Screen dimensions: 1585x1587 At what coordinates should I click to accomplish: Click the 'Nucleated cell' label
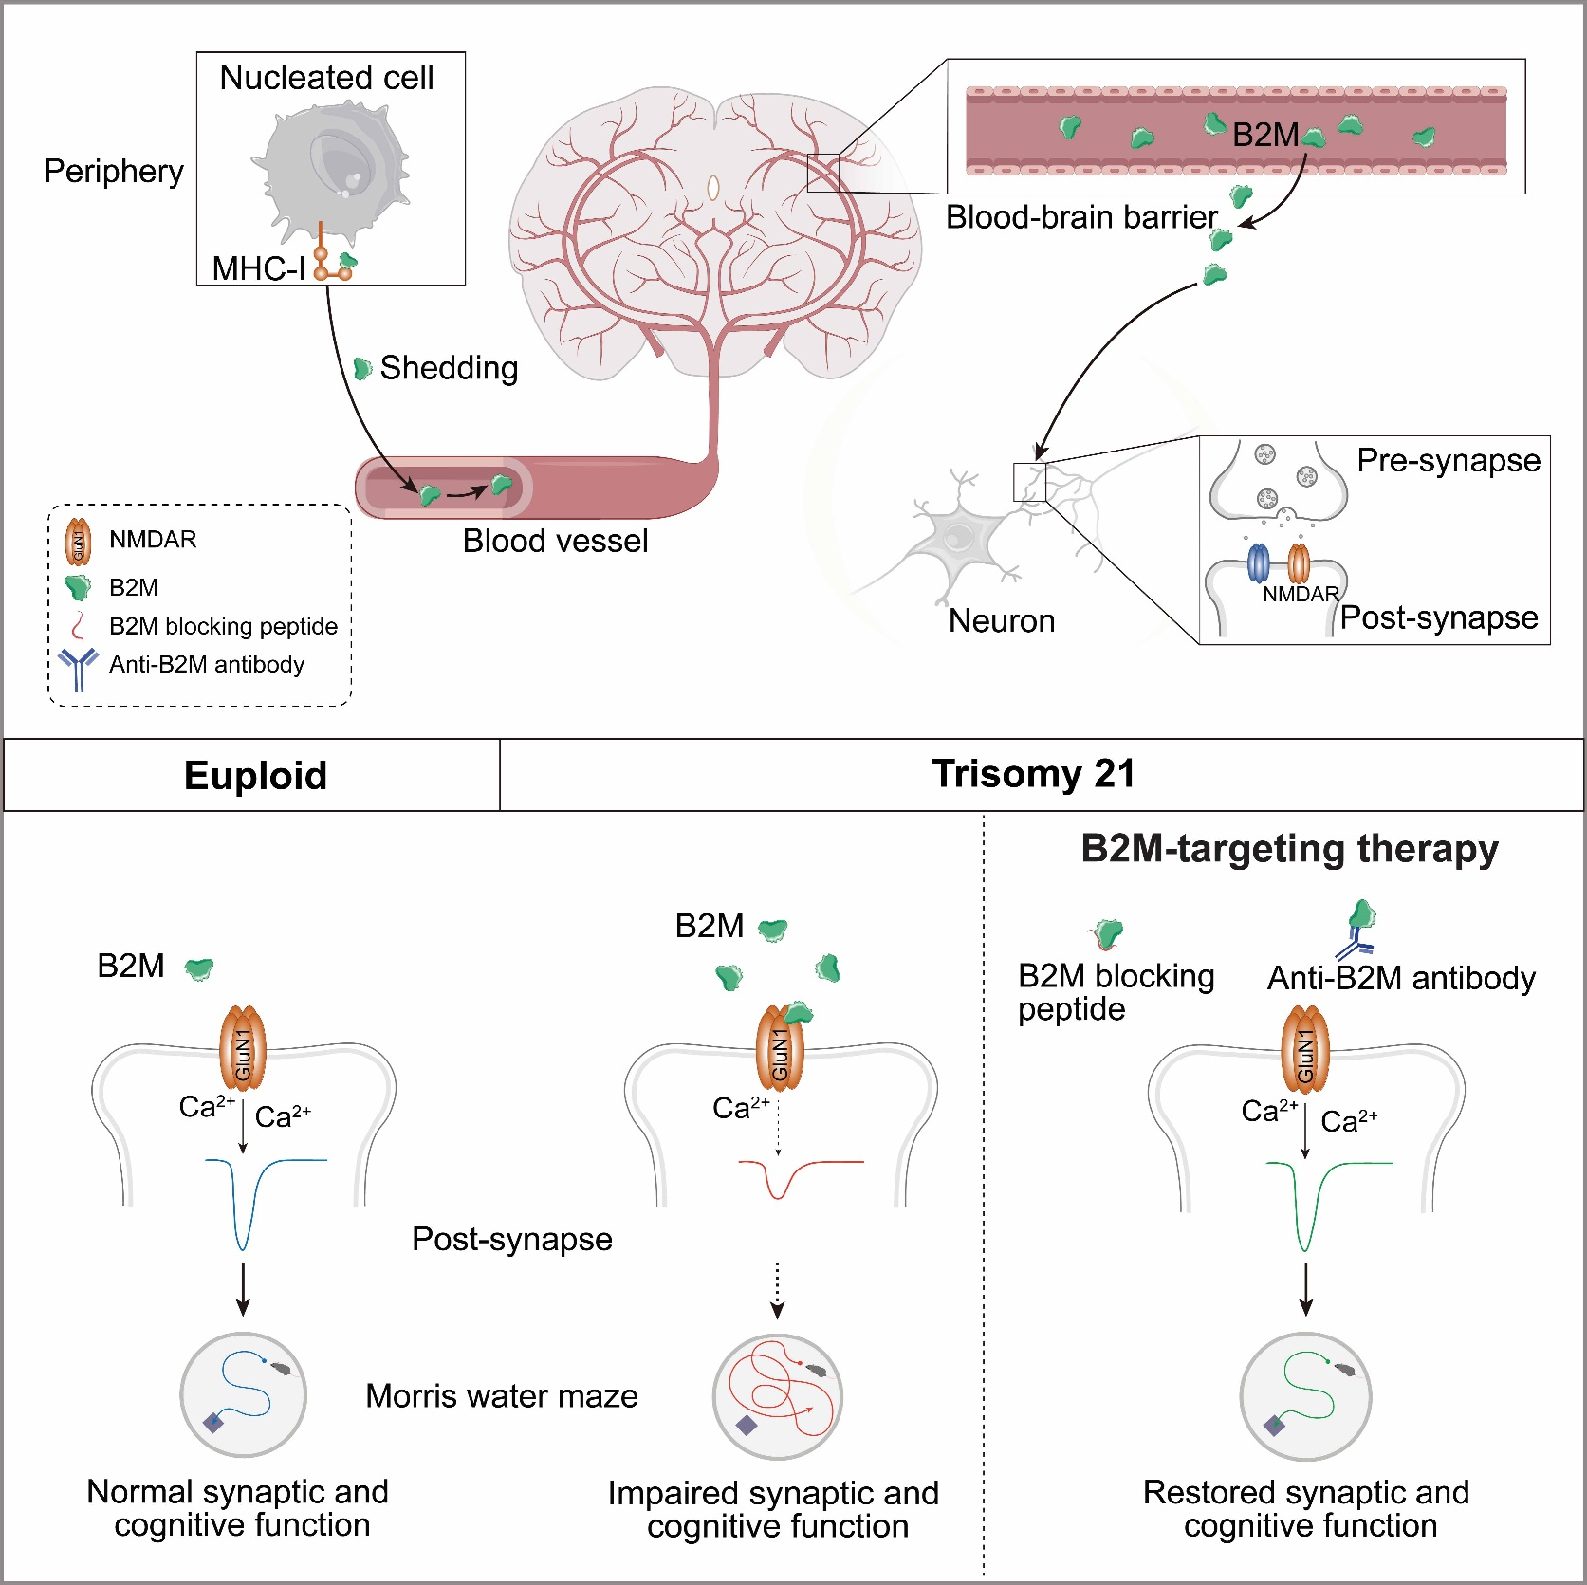[326, 78]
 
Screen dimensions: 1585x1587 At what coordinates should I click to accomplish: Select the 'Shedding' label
[449, 368]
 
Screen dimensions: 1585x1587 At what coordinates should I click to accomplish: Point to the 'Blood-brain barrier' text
[1081, 217]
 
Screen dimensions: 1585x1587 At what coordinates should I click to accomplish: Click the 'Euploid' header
[255, 776]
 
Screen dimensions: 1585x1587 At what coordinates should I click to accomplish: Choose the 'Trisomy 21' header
[1033, 774]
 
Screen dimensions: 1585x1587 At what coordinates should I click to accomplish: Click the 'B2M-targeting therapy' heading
[1289, 849]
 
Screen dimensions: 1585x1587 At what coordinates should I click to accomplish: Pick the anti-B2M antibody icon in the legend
[78, 668]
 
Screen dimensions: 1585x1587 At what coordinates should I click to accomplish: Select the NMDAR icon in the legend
[78, 542]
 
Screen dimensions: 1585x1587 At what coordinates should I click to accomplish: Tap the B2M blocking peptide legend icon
[80, 627]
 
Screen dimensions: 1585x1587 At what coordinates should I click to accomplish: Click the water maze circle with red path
[778, 1396]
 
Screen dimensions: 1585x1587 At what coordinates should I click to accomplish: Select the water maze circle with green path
[1305, 1396]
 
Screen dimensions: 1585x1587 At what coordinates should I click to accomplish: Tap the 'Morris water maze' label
[502, 1396]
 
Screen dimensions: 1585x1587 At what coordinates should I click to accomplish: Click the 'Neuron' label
[1002, 621]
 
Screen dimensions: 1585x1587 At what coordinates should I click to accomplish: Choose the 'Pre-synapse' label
[1449, 461]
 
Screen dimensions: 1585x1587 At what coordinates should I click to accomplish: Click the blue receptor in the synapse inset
[1258, 562]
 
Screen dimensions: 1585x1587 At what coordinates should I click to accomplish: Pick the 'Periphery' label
[114, 172]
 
